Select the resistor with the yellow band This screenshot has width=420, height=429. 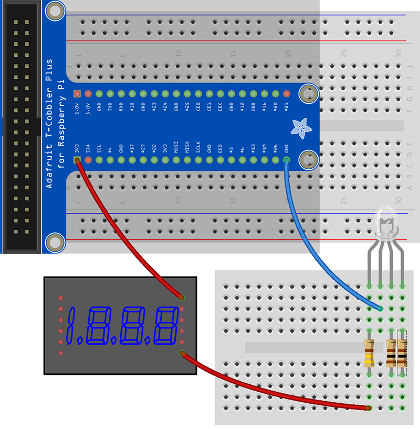click(x=369, y=352)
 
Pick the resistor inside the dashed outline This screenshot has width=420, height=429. click(x=402, y=352)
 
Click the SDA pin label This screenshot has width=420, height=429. click(x=88, y=148)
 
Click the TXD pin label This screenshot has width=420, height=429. click(x=110, y=106)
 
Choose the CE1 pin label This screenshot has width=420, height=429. click(x=209, y=106)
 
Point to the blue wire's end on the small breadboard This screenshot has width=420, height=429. click(x=380, y=309)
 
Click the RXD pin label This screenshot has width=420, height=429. click(x=121, y=106)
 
